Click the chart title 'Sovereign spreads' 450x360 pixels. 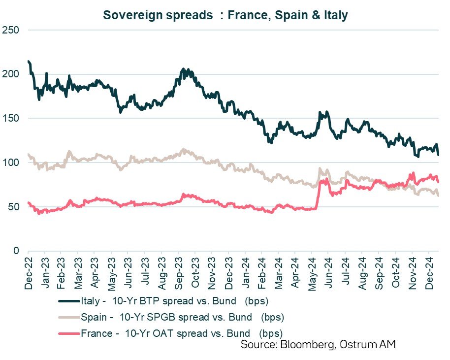[x=225, y=15]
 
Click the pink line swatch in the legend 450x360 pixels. [x=69, y=333]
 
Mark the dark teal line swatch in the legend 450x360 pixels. [x=69, y=301]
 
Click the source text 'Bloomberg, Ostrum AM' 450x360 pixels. [x=318, y=345]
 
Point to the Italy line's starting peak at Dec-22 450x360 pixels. [x=29, y=62]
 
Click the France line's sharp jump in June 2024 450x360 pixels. [x=318, y=195]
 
